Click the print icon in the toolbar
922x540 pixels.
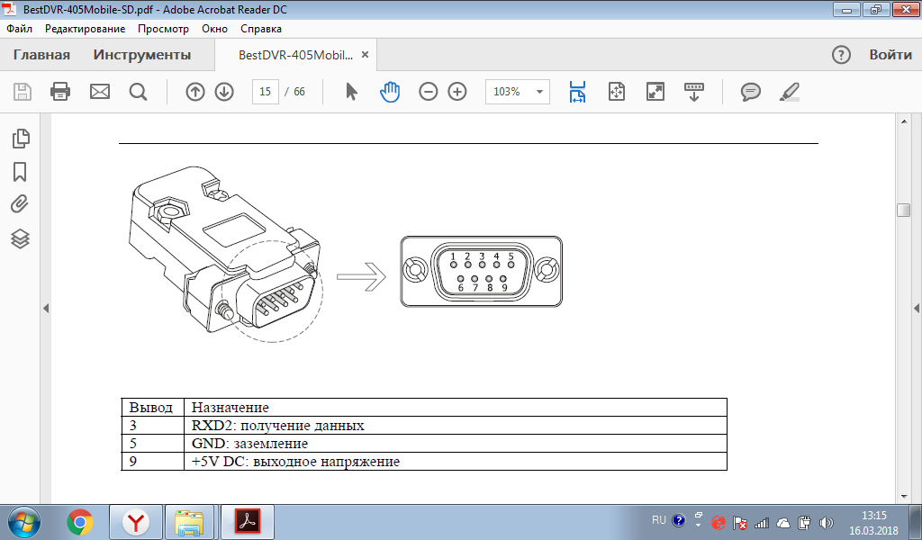pos(60,92)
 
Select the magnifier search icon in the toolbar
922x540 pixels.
pos(138,92)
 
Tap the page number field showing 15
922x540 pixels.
pos(266,92)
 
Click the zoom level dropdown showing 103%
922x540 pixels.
pos(518,92)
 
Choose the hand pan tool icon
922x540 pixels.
pos(389,92)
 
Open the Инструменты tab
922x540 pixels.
pos(142,55)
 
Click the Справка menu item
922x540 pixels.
pos(261,29)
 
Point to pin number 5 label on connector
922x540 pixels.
pos(511,256)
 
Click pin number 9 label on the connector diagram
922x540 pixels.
pos(504,287)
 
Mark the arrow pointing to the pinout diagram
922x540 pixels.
pos(361,275)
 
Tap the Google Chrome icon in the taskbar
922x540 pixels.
pos(80,522)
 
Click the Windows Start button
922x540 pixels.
pos(24,522)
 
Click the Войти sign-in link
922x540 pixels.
pos(890,55)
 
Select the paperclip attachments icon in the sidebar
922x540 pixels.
pos(20,204)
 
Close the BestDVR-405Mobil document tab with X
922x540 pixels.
pos(365,55)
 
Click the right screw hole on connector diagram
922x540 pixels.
pos(547,271)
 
